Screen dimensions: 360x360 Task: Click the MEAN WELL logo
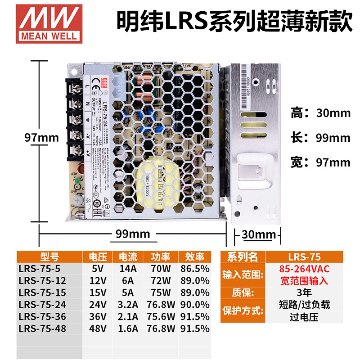(x=47, y=22)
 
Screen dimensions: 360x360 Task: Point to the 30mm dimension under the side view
(x=258, y=234)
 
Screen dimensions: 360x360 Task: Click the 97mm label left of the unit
(x=42, y=138)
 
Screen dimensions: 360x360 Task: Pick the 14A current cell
(x=127, y=269)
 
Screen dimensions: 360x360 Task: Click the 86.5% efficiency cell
(x=194, y=269)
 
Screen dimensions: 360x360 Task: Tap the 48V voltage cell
(x=98, y=328)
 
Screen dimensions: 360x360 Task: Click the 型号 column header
(x=49, y=257)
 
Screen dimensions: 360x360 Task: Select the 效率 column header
(x=194, y=257)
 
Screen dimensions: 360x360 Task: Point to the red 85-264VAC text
(x=305, y=269)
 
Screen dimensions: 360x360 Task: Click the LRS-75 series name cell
(x=305, y=257)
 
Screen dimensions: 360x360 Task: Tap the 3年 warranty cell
(x=305, y=292)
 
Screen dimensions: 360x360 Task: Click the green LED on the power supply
(x=77, y=182)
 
